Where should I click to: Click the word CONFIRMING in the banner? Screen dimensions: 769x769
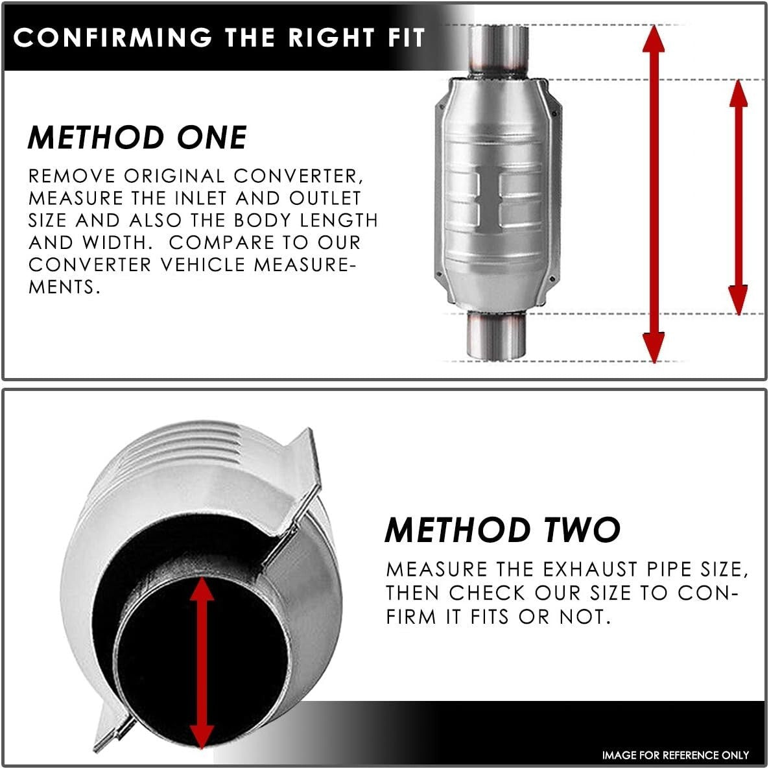(x=113, y=37)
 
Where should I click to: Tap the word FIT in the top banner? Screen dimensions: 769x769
(x=406, y=37)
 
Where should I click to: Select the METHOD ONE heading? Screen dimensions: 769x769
(x=137, y=137)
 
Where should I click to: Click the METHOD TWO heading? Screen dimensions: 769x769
(x=503, y=530)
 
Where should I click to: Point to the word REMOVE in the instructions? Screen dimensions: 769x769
(x=72, y=176)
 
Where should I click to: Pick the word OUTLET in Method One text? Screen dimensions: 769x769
(x=325, y=198)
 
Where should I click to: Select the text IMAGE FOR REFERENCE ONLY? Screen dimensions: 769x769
(x=676, y=755)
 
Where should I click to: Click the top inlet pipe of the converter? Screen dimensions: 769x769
(x=498, y=51)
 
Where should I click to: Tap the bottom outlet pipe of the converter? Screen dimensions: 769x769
(x=495, y=335)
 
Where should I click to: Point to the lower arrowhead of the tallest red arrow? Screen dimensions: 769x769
(x=653, y=348)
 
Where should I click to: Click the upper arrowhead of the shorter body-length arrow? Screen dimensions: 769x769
(x=738, y=93)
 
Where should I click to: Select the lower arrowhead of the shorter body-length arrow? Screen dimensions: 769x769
(x=738, y=300)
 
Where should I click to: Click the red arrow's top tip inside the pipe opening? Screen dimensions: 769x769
(x=202, y=577)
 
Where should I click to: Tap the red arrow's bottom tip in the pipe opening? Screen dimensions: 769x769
(x=202, y=748)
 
